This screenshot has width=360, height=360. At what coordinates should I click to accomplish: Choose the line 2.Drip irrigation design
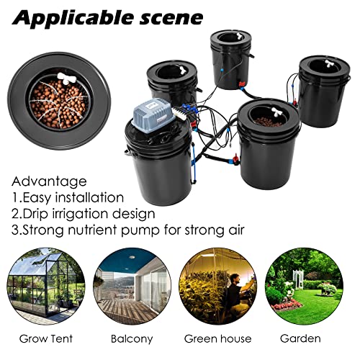click(x=84, y=213)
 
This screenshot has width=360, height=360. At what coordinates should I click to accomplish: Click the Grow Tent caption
click(x=41, y=338)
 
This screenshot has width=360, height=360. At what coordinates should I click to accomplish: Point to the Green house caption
click(x=217, y=338)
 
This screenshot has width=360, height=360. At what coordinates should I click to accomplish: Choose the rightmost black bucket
click(x=323, y=94)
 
